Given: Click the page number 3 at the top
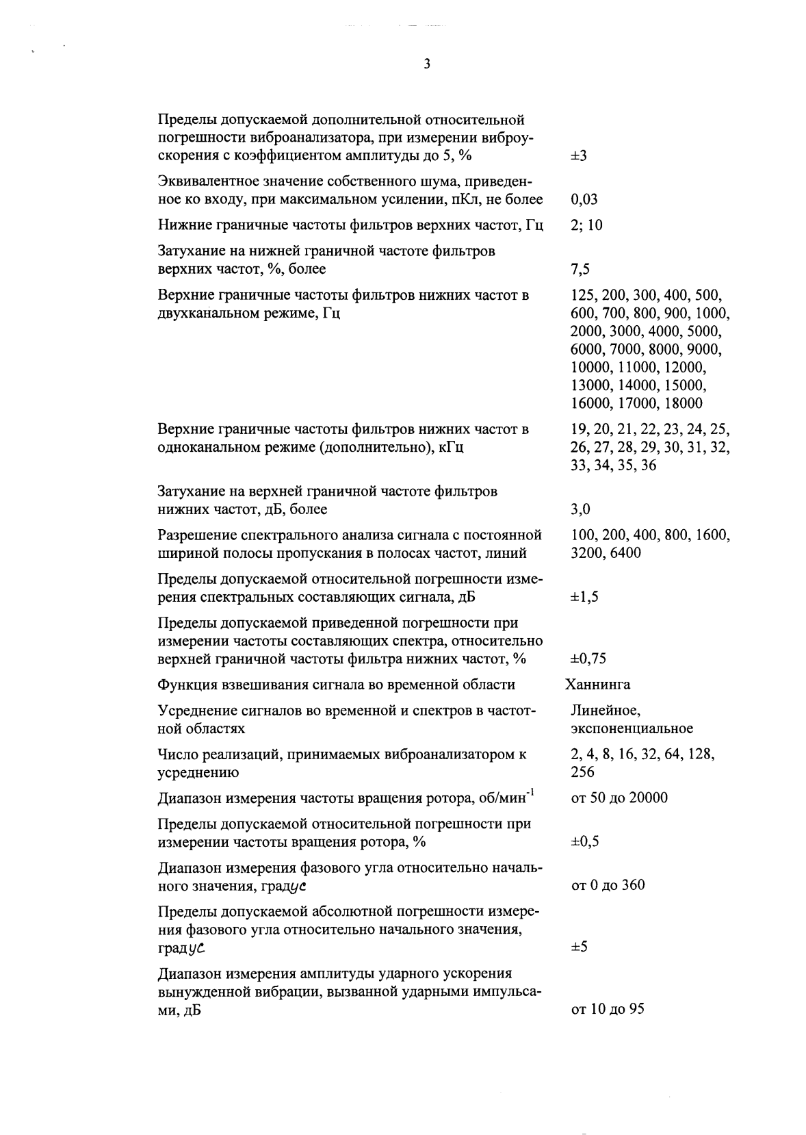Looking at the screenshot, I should click(427, 64).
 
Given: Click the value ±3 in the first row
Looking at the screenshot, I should click(579, 156).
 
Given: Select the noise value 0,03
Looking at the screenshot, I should click(584, 200).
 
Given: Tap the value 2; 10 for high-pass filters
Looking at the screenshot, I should click(586, 225).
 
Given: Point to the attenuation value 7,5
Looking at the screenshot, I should click(580, 270).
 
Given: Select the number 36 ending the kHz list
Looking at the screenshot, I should click(649, 466).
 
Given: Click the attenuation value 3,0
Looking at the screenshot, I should click(580, 509).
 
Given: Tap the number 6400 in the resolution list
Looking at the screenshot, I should click(624, 552).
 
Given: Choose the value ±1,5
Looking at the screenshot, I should click(585, 597).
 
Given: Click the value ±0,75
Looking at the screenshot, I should click(588, 659).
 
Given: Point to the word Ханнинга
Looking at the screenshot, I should click(598, 685).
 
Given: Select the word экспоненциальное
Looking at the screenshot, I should click(632, 728).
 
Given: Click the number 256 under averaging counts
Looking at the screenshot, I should click(582, 772).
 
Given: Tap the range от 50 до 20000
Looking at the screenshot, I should click(619, 798).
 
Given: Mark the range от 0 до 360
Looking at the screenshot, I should click(608, 886).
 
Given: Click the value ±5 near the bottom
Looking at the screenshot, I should click(579, 947).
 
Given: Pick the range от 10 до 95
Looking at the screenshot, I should click(607, 1010).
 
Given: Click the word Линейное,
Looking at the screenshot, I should click(606, 711).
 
